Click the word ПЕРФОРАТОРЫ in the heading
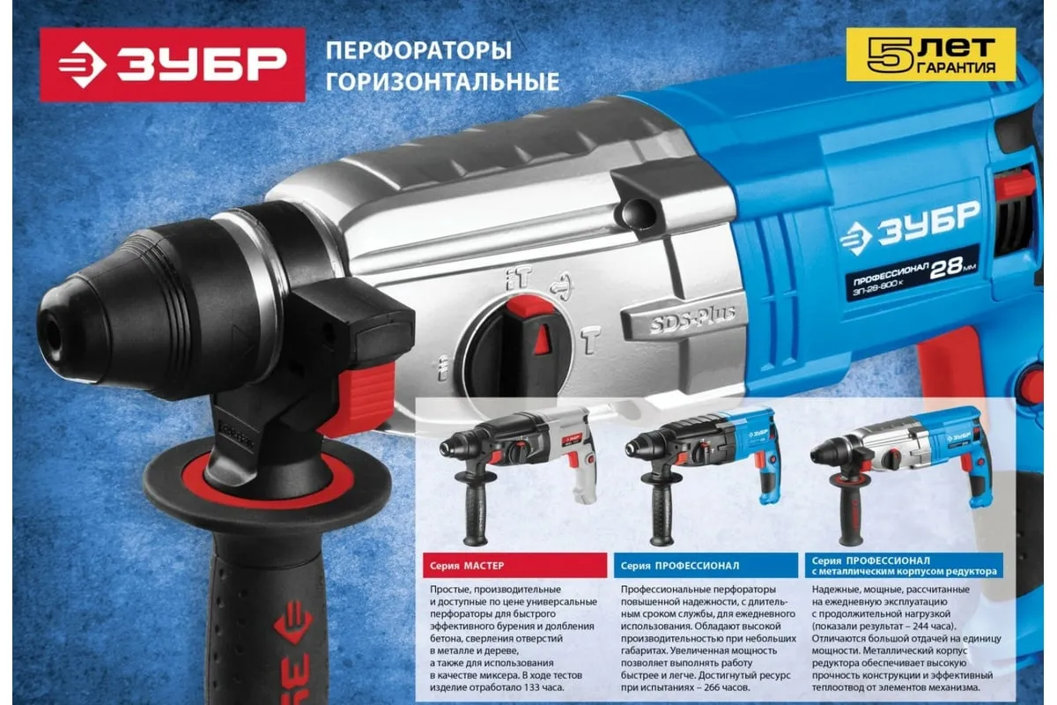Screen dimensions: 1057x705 [418, 50]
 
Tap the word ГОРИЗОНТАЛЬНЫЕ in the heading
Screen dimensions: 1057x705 [442, 81]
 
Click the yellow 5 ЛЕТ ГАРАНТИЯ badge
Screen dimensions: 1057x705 [930, 55]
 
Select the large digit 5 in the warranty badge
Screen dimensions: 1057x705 [891, 56]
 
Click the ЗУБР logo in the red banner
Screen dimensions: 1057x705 [173, 64]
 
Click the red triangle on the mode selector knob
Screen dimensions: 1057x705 [543, 339]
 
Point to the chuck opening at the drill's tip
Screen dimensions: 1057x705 [52, 337]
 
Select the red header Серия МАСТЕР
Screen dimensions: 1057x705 [514, 565]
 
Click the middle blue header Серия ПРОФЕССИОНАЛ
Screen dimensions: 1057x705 [706, 565]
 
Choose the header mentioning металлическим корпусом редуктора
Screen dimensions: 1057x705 [904, 565]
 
